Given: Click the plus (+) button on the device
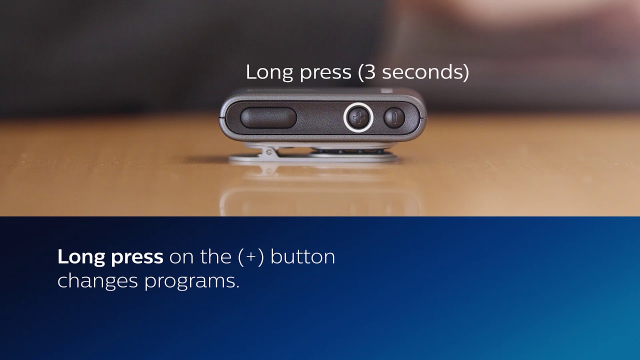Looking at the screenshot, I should tap(358, 117).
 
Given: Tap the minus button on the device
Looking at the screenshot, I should tap(394, 118).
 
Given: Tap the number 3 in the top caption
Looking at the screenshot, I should tap(369, 72).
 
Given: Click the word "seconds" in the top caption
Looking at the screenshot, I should tap(422, 72).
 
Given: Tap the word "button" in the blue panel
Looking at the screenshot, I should tap(302, 256).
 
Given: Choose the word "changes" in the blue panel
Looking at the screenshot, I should tap(97, 281).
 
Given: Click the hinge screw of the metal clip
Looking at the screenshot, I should tap(268, 149).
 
